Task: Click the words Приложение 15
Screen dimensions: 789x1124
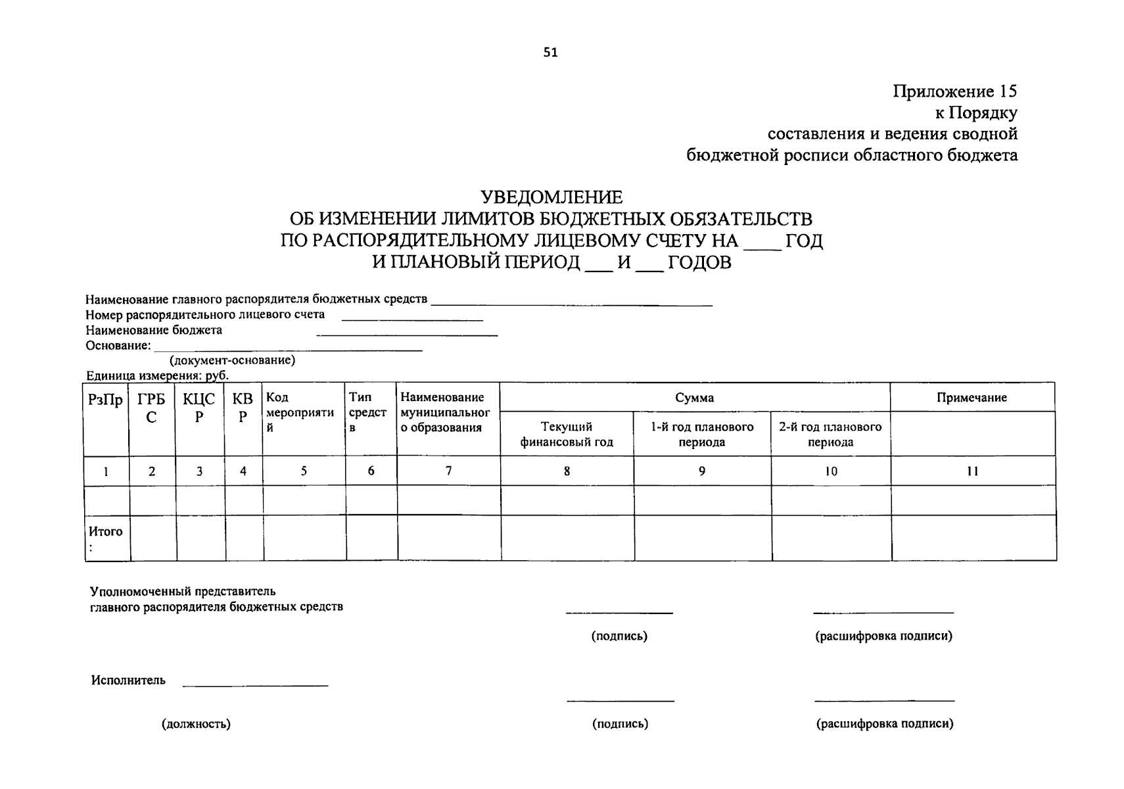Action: click(x=954, y=91)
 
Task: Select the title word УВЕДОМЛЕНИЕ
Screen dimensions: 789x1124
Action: click(x=551, y=197)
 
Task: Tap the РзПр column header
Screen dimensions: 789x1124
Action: click(x=105, y=400)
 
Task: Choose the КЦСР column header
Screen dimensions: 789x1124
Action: click(x=199, y=408)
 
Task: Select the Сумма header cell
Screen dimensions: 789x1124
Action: click(x=694, y=397)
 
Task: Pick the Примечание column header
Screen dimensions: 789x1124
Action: click(x=972, y=397)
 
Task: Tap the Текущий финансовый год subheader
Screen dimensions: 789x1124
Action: click(x=567, y=434)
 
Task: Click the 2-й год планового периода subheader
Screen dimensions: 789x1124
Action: click(x=830, y=434)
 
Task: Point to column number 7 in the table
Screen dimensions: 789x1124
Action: click(x=448, y=471)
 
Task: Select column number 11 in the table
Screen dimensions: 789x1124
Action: click(x=972, y=471)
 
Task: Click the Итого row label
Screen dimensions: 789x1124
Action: click(x=106, y=532)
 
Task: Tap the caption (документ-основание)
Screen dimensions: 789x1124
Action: click(x=232, y=360)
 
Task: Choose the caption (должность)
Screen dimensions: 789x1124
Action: click(x=196, y=724)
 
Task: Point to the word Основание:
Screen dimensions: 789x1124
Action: click(x=118, y=345)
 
